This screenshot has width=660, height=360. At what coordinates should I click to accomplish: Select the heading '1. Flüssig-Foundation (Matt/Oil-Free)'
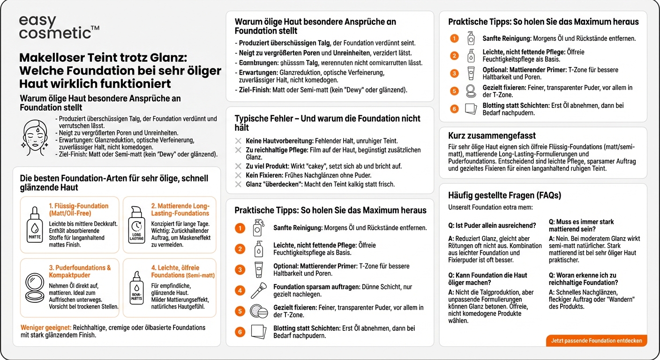(78, 209)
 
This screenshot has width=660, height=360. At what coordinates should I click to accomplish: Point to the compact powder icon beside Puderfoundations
(34, 286)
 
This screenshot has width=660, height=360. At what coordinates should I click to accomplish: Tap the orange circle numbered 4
(240, 291)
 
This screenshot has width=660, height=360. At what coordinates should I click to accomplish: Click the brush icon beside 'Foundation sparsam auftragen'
(259, 290)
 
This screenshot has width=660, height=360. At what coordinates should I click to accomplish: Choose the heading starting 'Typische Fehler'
(327, 123)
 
